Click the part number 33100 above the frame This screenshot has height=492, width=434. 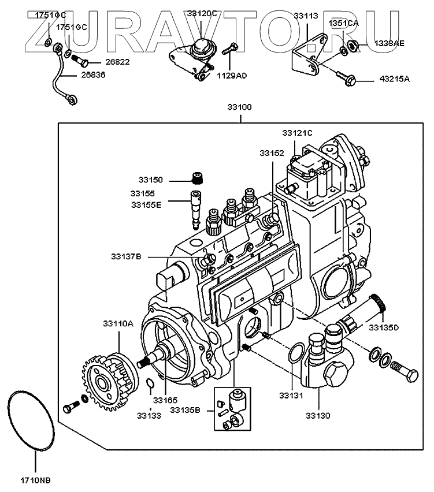[240, 107]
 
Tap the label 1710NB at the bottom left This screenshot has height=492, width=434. [36, 480]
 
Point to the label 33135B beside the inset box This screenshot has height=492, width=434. [185, 410]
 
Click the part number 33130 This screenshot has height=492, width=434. [318, 416]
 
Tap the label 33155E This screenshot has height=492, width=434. [146, 205]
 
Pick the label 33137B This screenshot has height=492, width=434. [126, 256]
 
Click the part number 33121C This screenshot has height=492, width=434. [298, 133]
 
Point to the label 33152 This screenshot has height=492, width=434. [272, 153]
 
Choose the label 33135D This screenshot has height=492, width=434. [384, 327]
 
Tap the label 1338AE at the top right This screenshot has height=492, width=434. [390, 43]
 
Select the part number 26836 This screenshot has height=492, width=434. [93, 75]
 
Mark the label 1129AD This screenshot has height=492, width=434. [232, 76]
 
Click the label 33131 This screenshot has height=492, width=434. [291, 396]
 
